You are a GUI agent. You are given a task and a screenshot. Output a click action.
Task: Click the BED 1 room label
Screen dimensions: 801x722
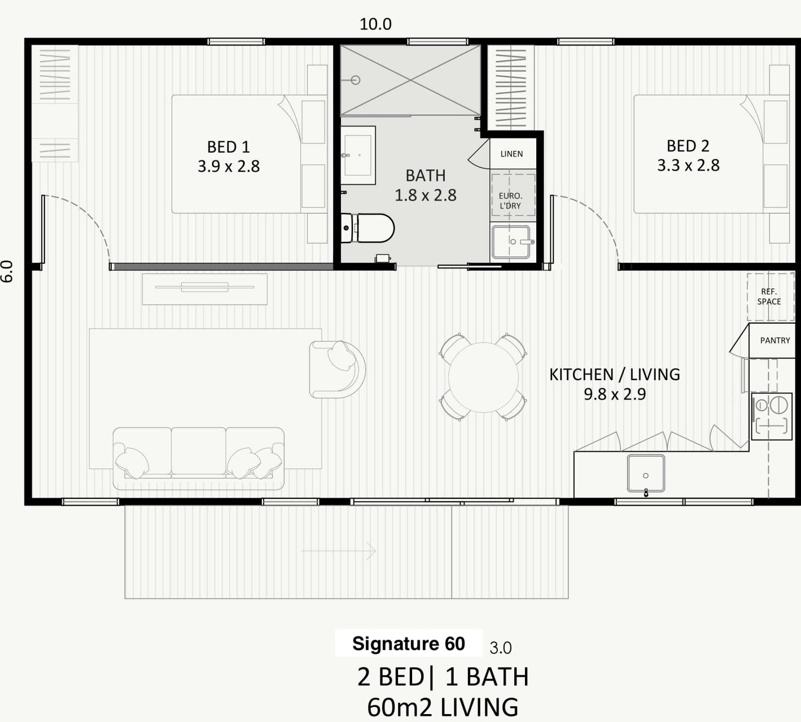click(x=229, y=156)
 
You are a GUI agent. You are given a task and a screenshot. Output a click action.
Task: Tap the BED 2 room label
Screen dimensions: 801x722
click(x=688, y=155)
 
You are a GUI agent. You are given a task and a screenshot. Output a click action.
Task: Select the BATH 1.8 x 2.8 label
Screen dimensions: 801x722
click(x=425, y=185)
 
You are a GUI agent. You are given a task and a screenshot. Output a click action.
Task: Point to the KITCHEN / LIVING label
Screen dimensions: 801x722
click(x=615, y=384)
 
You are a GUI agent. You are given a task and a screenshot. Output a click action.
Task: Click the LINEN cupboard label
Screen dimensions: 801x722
click(x=511, y=154)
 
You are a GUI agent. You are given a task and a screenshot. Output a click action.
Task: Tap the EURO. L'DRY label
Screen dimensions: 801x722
click(x=510, y=201)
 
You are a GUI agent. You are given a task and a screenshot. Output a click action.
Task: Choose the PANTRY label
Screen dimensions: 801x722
click(x=775, y=341)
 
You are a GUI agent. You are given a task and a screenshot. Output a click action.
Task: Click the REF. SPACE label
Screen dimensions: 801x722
click(x=769, y=297)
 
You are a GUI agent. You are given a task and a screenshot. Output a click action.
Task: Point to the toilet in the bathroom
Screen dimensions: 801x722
click(x=367, y=228)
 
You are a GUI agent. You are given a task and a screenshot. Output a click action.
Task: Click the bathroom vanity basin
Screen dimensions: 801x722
click(x=358, y=155)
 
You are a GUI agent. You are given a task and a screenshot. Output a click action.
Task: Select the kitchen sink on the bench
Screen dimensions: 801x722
click(x=646, y=474)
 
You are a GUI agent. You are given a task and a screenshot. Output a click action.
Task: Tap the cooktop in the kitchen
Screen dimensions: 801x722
click(x=772, y=416)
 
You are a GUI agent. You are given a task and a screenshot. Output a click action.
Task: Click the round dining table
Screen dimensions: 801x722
click(x=483, y=377)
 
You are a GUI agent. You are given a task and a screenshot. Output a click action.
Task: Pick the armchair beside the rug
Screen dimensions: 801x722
click(x=338, y=369)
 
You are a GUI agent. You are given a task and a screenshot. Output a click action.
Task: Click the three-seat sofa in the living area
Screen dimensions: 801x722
click(x=199, y=459)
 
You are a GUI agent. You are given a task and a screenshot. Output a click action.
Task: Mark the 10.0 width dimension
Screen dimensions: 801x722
click(x=375, y=24)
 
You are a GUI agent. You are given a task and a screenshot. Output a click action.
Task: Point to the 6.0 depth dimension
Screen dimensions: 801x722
click(x=7, y=271)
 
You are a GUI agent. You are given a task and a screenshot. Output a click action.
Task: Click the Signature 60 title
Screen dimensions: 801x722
click(x=409, y=643)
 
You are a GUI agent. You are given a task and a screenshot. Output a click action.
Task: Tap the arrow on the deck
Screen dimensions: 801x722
click(x=338, y=551)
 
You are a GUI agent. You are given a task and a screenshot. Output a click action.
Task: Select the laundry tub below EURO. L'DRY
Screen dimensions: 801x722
click(x=511, y=242)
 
